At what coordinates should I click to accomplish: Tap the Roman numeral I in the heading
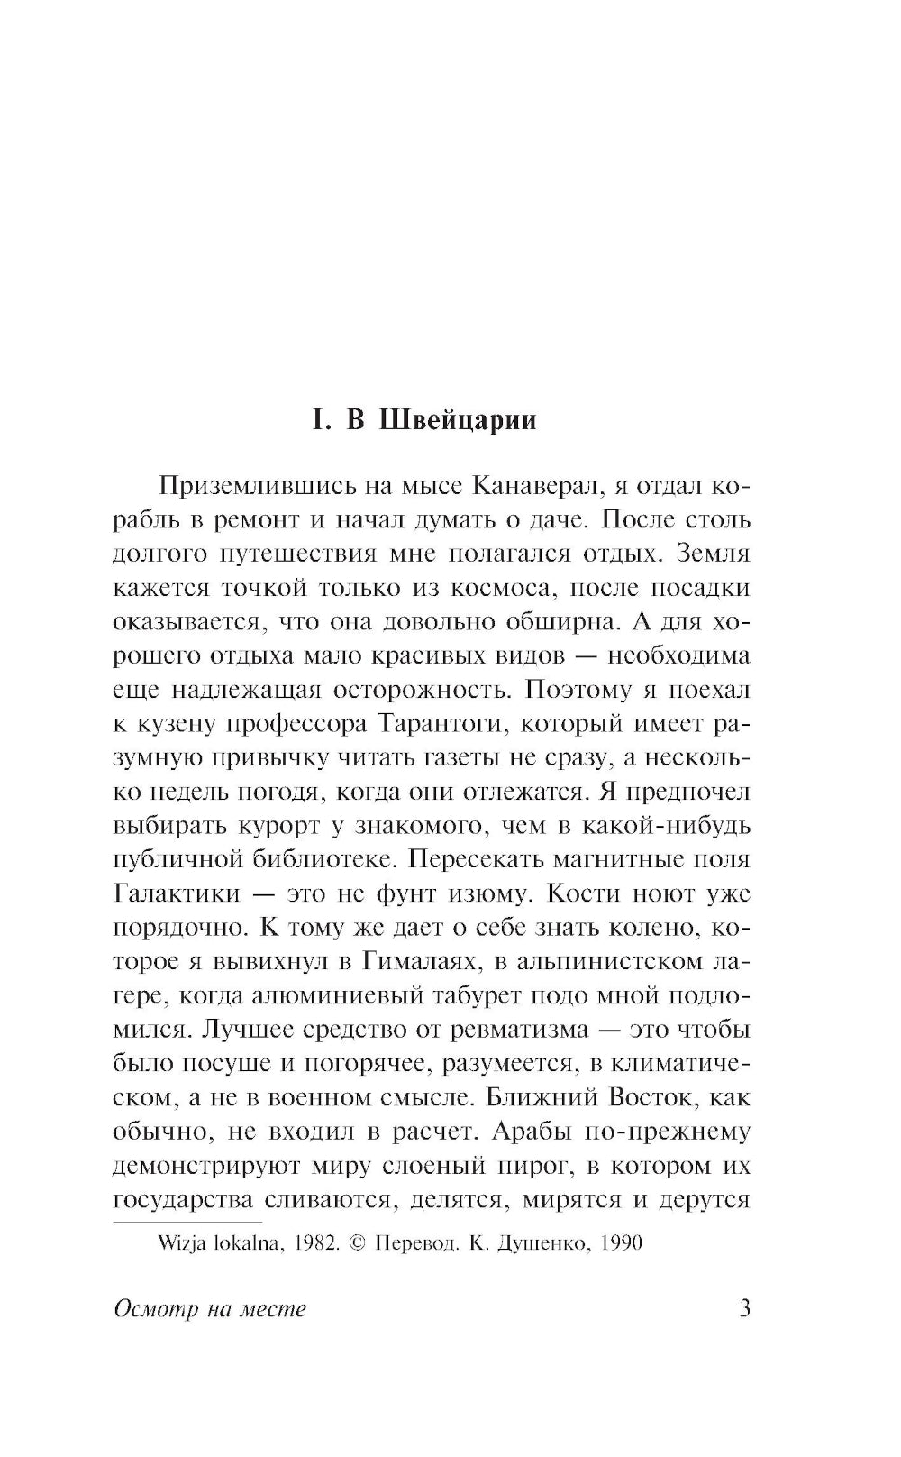click(x=316, y=421)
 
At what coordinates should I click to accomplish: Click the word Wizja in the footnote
click(x=181, y=1243)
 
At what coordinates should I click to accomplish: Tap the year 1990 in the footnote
click(x=619, y=1243)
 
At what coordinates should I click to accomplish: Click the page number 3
click(x=744, y=1308)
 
